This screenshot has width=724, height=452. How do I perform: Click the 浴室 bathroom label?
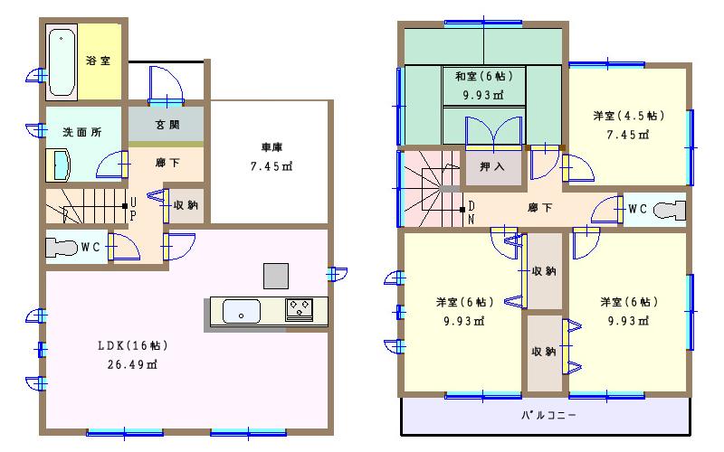(98, 61)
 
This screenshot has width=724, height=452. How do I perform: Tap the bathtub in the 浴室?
(62, 61)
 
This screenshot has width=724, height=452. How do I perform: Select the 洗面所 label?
(81, 132)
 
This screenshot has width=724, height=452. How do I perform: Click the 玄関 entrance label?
(167, 125)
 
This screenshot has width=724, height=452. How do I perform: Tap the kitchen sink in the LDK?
(240, 310)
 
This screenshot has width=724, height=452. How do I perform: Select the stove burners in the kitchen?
(299, 309)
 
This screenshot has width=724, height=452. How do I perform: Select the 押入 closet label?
(493, 167)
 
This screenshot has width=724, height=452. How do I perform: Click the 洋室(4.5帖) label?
(628, 116)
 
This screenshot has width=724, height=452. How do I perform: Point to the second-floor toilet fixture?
(668, 210)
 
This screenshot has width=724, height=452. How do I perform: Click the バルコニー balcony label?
(548, 417)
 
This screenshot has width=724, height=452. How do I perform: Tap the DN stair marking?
(471, 213)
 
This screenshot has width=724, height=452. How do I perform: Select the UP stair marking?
(133, 209)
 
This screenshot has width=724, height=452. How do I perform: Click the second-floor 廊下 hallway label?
(540, 208)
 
